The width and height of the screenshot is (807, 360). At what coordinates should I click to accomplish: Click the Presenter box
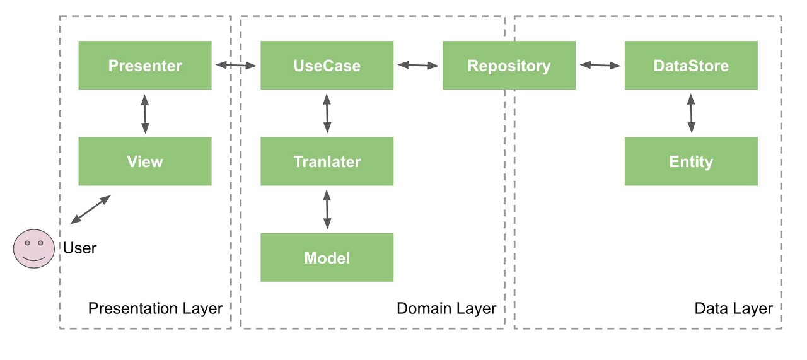[145, 66]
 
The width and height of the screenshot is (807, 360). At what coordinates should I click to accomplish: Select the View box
[145, 161]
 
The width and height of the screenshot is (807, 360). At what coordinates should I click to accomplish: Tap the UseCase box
[327, 66]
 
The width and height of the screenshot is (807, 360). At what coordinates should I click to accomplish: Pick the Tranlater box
[327, 161]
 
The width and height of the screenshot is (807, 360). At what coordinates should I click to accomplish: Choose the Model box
[327, 257]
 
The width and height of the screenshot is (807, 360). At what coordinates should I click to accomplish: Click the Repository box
[509, 66]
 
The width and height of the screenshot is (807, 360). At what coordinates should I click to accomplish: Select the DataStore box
[691, 66]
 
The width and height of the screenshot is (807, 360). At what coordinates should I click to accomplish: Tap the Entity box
[691, 161]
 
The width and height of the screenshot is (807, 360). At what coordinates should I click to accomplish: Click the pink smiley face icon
[34, 248]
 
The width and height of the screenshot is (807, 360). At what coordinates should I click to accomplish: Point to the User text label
[79, 248]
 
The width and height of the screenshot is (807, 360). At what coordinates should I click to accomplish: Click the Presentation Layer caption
[155, 308]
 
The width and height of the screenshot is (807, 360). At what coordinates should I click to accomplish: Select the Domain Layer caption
[446, 308]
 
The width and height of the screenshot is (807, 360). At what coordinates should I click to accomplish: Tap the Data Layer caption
[733, 308]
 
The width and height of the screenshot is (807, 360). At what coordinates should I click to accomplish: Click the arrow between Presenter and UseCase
[236, 65]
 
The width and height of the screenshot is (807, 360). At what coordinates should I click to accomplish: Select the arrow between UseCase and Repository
[418, 65]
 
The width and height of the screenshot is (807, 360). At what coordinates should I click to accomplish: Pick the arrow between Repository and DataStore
[600, 65]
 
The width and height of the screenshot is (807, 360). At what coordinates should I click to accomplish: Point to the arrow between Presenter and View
[145, 113]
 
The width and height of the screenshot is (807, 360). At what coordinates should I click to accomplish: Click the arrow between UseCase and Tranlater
[327, 113]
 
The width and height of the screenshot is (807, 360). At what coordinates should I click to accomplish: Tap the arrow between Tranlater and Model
[327, 209]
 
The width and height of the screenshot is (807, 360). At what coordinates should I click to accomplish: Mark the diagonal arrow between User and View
[90, 209]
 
